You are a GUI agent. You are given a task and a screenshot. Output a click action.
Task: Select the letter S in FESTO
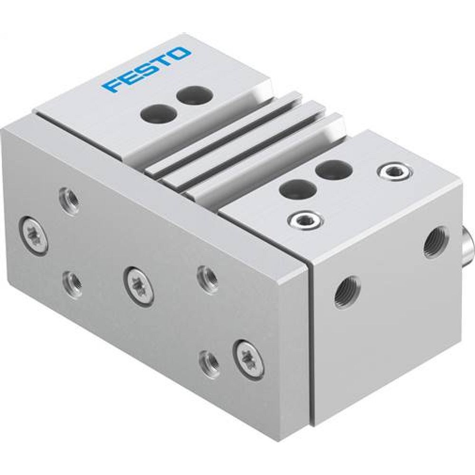[146, 70]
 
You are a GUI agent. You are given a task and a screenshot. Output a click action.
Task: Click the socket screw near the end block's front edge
[304, 219]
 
